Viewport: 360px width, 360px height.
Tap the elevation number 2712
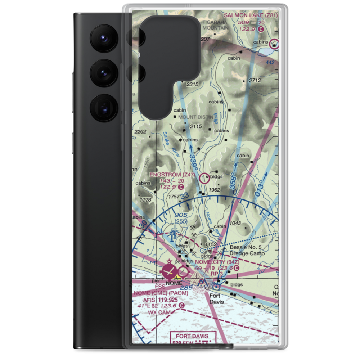[255, 80]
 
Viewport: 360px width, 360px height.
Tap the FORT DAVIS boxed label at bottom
[194, 336]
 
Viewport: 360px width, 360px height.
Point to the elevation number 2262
[140, 132]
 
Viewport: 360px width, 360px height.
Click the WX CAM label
[159, 312]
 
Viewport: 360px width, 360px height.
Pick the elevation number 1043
[234, 223]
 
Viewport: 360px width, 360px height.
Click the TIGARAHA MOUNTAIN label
[215, 25]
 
